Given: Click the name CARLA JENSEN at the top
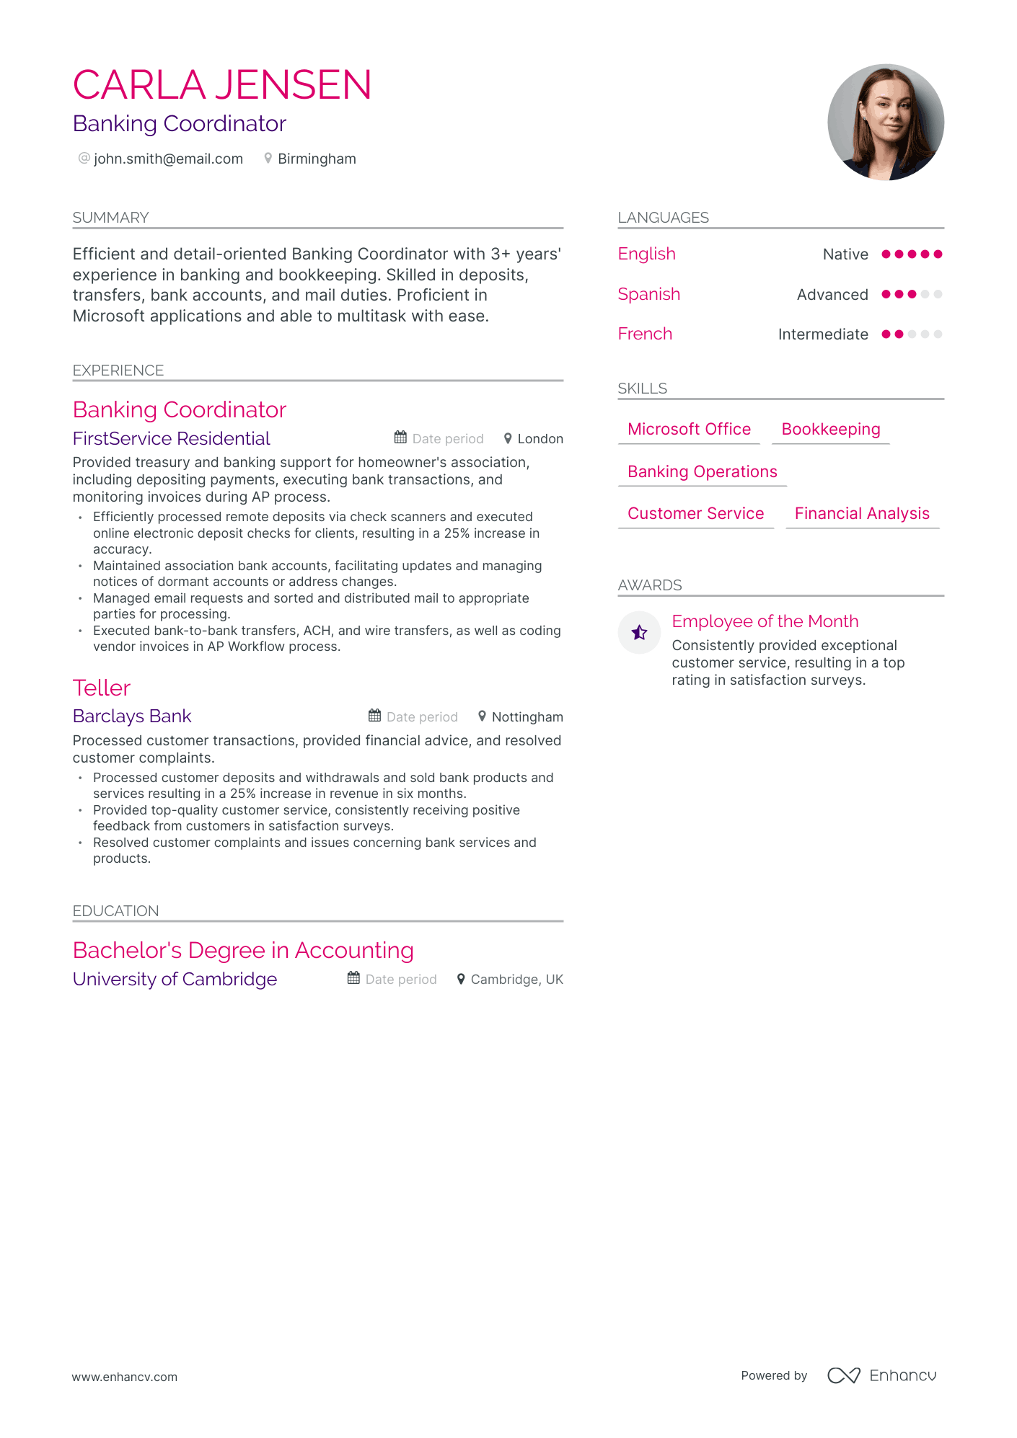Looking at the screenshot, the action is (222, 85).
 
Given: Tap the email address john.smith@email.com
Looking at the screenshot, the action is (168, 159).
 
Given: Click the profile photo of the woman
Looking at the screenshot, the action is (885, 122).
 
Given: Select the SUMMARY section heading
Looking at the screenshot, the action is (110, 218).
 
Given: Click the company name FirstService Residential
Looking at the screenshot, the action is (171, 438).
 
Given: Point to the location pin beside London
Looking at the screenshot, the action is (508, 438).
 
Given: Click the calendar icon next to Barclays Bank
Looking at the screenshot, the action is (374, 716).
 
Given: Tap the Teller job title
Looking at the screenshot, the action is (102, 688).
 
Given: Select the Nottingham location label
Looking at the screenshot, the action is (527, 716).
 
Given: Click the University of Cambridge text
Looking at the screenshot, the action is (175, 979).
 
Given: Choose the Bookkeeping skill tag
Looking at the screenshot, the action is (830, 430).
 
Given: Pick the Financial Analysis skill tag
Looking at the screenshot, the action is (862, 513).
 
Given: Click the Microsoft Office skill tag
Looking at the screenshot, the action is (689, 430).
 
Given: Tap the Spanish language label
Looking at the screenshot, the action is (649, 294).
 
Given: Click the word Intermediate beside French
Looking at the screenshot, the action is (823, 334).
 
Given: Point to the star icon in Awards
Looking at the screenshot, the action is (639, 633).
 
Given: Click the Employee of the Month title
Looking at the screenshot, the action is (765, 621).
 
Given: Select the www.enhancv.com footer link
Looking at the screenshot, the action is (124, 1377).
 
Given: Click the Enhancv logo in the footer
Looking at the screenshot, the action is (881, 1375).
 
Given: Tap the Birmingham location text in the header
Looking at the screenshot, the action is (317, 159).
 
